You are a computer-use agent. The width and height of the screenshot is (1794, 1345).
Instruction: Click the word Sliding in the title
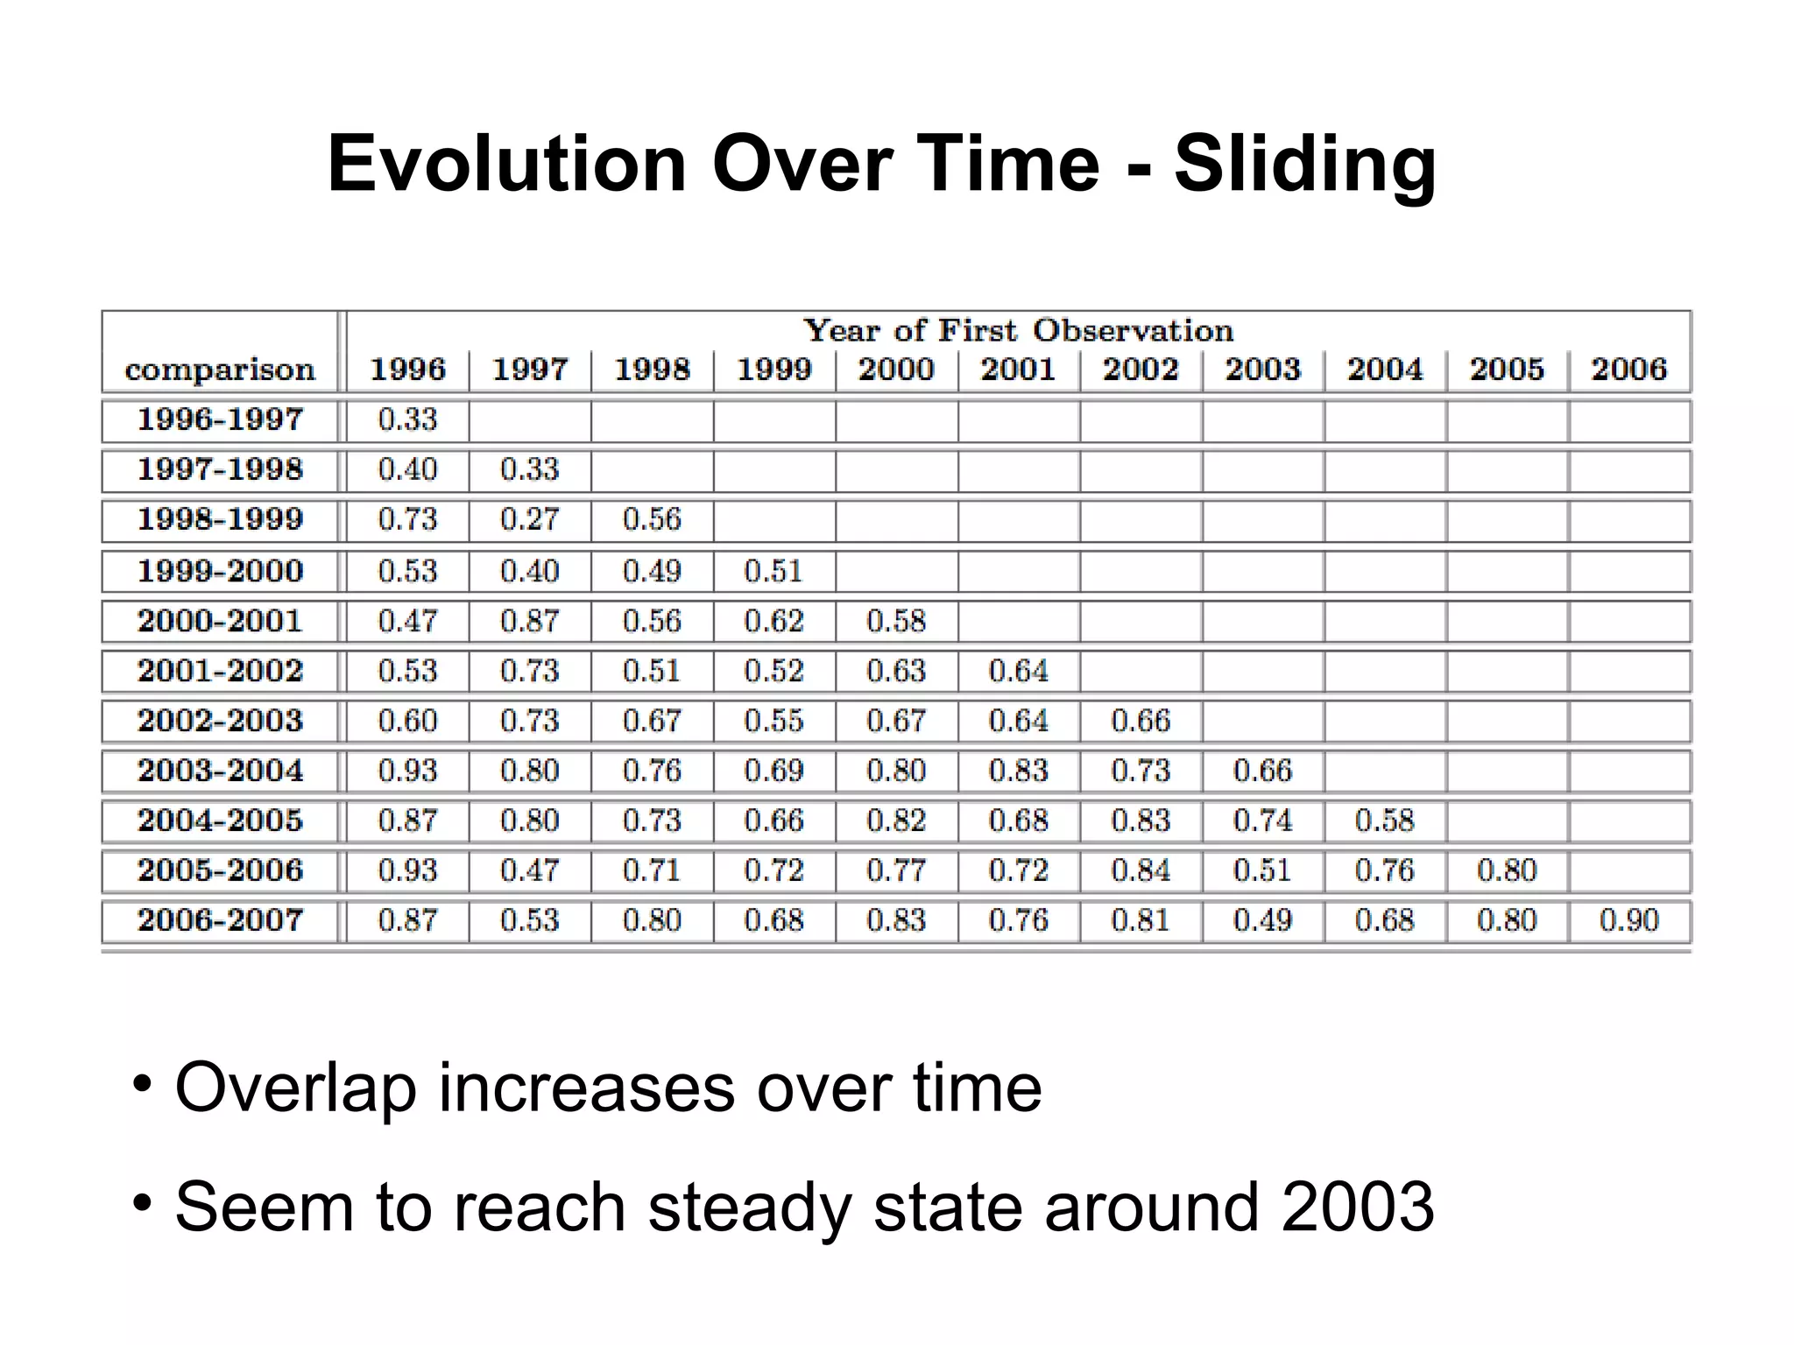[x=1304, y=165]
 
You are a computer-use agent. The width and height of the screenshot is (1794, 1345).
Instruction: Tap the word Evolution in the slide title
[x=506, y=165]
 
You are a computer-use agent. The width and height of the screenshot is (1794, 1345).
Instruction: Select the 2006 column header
[x=1628, y=370]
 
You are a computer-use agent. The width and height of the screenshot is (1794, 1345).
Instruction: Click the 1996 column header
[x=407, y=370]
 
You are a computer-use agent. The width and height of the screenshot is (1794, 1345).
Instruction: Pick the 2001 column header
[x=1018, y=370]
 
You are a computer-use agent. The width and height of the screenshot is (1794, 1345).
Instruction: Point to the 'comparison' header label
[x=220, y=370]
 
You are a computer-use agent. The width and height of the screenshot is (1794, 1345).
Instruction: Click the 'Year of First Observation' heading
[x=1018, y=331]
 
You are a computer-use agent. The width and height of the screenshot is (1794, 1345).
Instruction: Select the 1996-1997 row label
[x=220, y=420]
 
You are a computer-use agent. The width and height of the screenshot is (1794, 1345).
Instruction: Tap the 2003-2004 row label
[x=220, y=771]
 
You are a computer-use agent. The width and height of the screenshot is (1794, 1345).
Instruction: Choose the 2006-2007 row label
[x=220, y=921]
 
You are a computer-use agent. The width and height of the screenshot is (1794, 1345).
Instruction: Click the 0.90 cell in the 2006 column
[x=1628, y=921]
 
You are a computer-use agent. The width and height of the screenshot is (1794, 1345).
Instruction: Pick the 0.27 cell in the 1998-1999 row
[x=529, y=520]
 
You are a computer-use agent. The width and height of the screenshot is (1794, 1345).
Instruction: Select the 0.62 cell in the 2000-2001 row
[x=773, y=622]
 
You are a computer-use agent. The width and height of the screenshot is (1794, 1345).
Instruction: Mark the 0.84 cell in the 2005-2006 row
[x=1140, y=871]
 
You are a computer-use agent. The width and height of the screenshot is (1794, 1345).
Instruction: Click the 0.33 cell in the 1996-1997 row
[x=407, y=420]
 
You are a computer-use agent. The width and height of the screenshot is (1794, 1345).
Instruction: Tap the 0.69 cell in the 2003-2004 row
[x=773, y=771]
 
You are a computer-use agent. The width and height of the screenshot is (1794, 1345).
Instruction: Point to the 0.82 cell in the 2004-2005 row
[x=895, y=821]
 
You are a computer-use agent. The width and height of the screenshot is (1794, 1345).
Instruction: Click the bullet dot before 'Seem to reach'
[x=142, y=1202]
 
